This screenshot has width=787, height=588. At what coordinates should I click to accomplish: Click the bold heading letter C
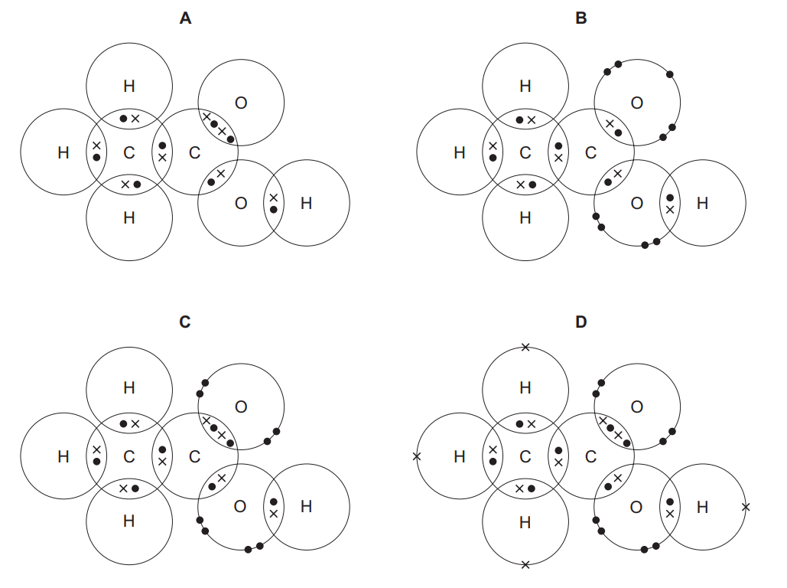click(185, 322)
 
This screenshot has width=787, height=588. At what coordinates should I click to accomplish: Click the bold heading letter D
click(581, 322)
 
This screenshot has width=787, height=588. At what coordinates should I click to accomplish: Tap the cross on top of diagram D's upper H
click(525, 348)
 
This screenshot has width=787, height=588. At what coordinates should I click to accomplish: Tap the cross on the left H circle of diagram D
click(416, 456)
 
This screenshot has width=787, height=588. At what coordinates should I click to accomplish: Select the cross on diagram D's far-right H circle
click(746, 507)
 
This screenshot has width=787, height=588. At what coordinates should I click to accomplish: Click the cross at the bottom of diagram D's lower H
click(525, 565)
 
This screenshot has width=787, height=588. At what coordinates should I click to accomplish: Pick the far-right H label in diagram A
click(306, 203)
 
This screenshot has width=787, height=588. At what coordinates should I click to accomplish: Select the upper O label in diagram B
click(636, 103)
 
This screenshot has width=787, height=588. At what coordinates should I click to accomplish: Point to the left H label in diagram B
click(459, 153)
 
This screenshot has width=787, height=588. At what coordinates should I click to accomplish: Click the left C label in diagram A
click(128, 153)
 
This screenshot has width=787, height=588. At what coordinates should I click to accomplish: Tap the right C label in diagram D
click(590, 457)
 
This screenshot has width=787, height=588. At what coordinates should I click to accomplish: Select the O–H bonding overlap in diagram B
click(670, 203)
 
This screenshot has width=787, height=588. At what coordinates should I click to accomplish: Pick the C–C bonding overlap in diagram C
click(162, 456)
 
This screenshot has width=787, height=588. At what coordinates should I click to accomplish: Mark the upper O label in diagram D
click(636, 407)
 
